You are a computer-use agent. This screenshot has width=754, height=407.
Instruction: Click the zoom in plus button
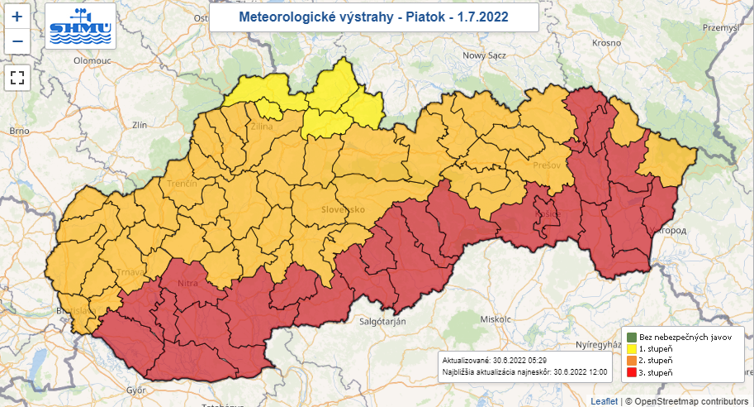pyautogui.click(x=17, y=16)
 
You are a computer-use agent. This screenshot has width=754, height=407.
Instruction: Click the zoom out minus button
pyautogui.click(x=17, y=41)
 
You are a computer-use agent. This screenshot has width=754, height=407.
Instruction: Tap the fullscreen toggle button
pyautogui.click(x=17, y=79)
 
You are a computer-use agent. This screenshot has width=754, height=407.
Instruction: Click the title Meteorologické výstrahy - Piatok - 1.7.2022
pyautogui.click(x=373, y=17)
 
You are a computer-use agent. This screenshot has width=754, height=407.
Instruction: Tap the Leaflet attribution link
pyautogui.click(x=604, y=401)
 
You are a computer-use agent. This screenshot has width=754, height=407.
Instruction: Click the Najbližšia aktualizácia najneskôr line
pyautogui.click(x=525, y=373)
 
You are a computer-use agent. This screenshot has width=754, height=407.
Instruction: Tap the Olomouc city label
pyautogui.click(x=92, y=60)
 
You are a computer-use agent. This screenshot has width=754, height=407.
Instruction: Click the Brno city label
pyautogui.click(x=19, y=131)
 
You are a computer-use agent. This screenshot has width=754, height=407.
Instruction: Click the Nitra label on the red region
pyautogui.click(x=188, y=285)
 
